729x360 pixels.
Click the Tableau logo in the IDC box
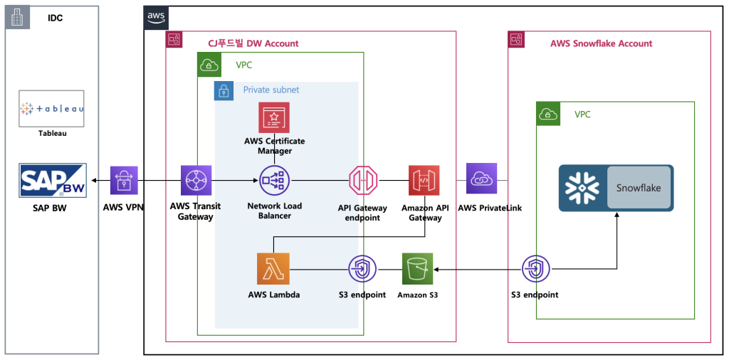pos(52,109)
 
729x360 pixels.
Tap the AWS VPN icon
pos(125,180)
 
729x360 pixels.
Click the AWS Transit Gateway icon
pos(196,180)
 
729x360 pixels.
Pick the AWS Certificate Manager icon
pos(274,117)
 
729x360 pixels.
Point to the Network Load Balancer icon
pos(274,180)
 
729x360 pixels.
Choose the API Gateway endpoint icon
pos(363,180)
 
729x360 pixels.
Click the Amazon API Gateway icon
pos(424,180)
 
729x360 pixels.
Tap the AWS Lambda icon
pos(274,269)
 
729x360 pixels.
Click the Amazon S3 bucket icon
pos(416,269)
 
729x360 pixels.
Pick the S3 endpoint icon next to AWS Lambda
pos(363,269)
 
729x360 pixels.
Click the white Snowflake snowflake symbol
pos(582,189)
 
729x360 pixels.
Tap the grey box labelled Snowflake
pos(639,189)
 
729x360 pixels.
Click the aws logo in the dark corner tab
pos(156,16)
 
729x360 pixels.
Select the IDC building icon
pos(17,17)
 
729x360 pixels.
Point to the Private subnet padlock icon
pos(224,90)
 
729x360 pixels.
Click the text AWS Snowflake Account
pos(601,43)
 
